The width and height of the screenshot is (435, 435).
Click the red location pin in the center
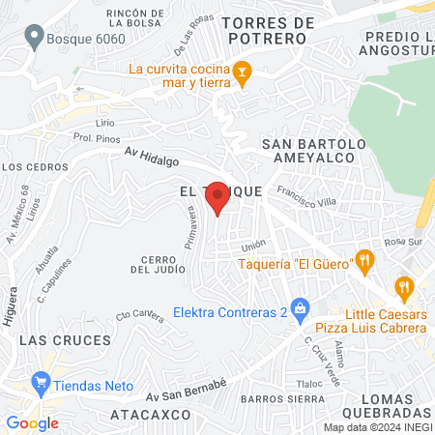click(218, 197)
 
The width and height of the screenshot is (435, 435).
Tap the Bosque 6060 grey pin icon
click(35, 38)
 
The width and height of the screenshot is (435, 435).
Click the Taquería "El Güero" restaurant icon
click(363, 259)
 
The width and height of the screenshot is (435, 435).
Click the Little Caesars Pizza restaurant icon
click(404, 286)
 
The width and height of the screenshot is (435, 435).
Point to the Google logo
click(32, 422)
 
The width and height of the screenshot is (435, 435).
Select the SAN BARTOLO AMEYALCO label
click(314, 152)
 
